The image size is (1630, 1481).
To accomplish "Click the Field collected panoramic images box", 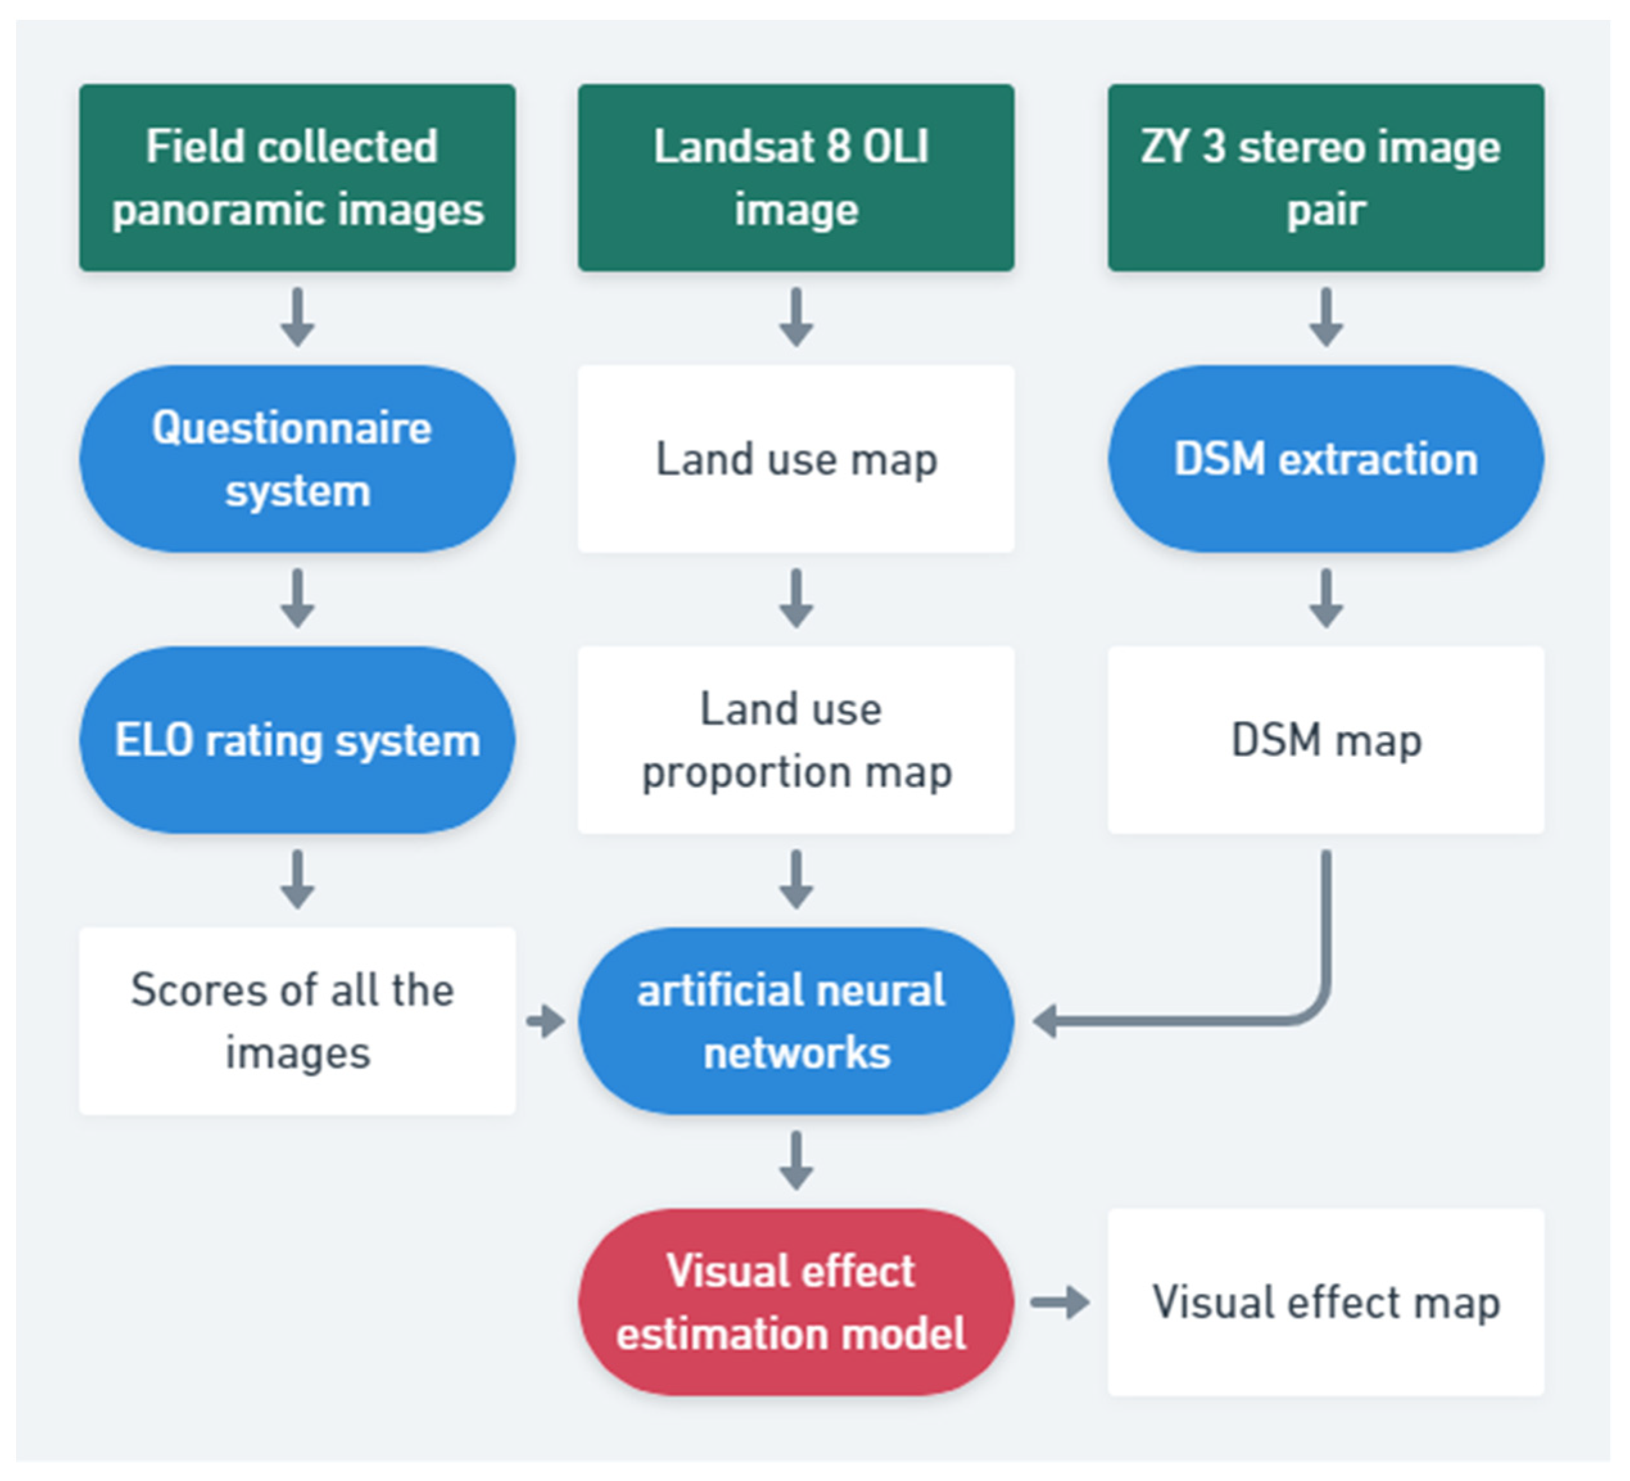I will point(297,177).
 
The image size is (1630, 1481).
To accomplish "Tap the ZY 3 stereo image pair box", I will point(1325,177).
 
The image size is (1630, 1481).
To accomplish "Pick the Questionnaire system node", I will point(297,459).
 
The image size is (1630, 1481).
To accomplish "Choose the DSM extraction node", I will point(1325,459).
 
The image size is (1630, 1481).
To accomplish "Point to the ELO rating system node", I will point(297,739).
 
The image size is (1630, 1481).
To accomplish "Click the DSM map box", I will point(1325,739).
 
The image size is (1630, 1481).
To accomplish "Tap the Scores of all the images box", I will point(297,1020).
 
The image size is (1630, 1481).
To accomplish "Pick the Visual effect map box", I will point(1325,1301).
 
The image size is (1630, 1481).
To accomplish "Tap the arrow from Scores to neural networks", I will point(546,1020).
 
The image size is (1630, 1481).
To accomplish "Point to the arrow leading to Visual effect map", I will point(1060,1301).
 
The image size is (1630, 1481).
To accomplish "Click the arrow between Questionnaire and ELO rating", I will point(297,598).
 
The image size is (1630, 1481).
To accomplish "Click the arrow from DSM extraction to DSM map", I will point(1325,598).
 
